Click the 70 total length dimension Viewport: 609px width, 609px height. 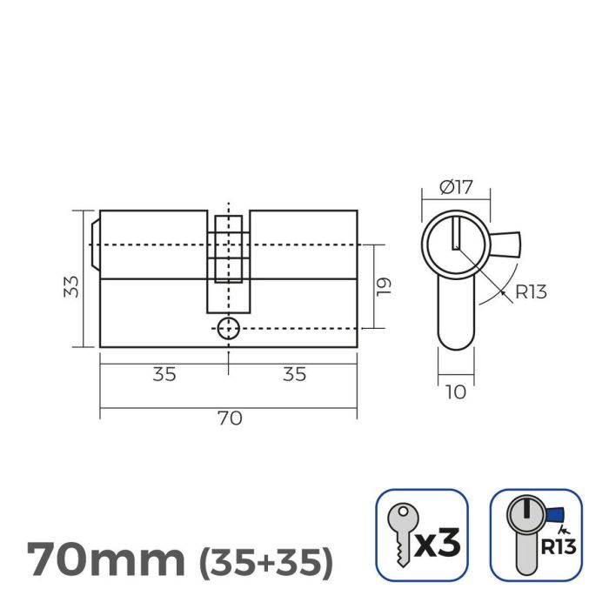(229, 418)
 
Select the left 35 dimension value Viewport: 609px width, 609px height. (164, 374)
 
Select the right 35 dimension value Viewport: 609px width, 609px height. (294, 374)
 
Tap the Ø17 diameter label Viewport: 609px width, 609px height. (456, 185)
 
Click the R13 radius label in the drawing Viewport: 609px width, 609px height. (531, 292)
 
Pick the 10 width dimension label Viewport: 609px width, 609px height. (455, 392)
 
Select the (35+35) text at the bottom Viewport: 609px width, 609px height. (266, 561)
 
